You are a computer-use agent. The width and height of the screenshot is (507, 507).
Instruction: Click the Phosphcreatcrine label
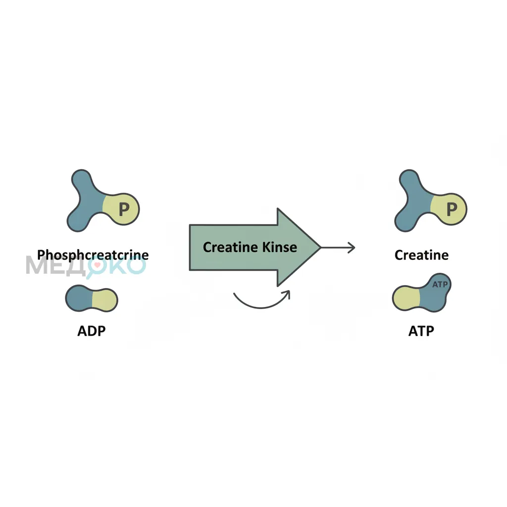(93, 255)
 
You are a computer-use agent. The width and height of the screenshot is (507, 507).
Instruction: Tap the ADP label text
(92, 331)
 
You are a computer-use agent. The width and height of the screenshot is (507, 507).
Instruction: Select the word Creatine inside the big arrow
(231, 247)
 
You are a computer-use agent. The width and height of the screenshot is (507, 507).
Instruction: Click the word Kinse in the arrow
(279, 247)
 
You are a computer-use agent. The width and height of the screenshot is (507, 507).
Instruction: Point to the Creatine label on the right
(421, 255)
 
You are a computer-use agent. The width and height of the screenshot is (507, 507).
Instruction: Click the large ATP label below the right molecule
(421, 331)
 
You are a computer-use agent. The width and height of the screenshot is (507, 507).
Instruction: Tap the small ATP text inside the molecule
(440, 284)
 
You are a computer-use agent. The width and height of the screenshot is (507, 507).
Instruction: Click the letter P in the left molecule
(124, 209)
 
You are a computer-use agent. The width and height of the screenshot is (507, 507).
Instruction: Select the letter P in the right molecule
(452, 209)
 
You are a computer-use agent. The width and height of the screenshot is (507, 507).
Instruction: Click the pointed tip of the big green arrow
(320, 248)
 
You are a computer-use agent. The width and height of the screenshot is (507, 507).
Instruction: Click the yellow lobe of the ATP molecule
(406, 298)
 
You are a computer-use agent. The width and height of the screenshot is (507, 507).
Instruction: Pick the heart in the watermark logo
(97, 264)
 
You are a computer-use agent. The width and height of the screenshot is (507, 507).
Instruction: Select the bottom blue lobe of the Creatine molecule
(405, 221)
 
